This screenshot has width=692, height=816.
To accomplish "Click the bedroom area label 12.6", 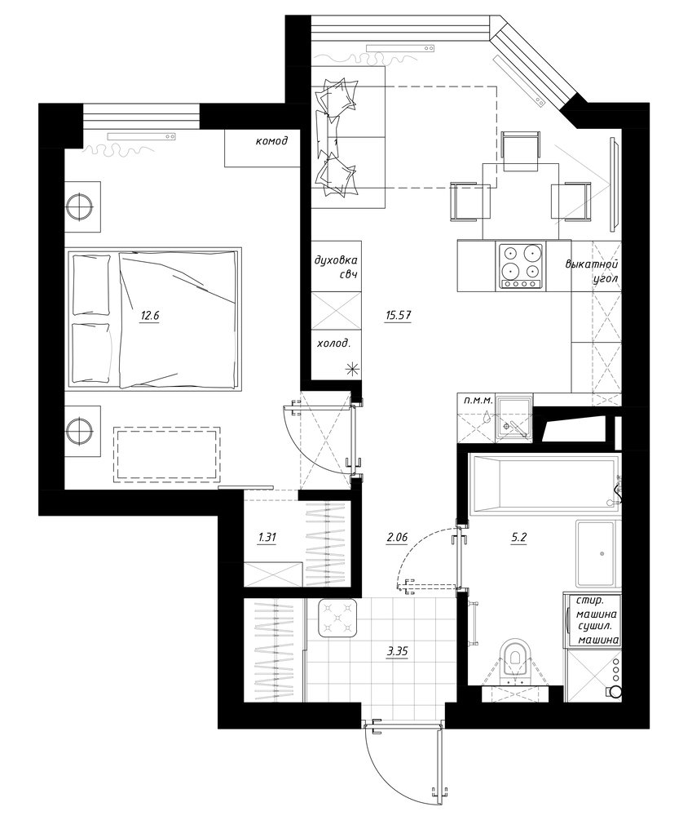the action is pyautogui.click(x=148, y=315).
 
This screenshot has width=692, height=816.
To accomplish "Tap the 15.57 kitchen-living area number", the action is pyautogui.click(x=399, y=315).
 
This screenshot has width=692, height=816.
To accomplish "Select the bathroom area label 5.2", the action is pyautogui.click(x=519, y=538).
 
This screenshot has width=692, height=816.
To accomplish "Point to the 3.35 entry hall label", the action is pyautogui.click(x=396, y=651).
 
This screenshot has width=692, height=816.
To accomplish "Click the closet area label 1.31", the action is pyautogui.click(x=267, y=538).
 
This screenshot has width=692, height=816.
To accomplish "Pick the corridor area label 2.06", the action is pyautogui.click(x=396, y=538).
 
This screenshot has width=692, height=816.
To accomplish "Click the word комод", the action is pyautogui.click(x=271, y=140).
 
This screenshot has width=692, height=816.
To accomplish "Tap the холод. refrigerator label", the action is pyautogui.click(x=333, y=344).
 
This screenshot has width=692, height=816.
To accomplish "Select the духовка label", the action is pyautogui.click(x=336, y=259).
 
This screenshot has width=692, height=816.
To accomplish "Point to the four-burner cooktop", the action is pyautogui.click(x=521, y=267).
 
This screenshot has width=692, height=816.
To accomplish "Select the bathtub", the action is pyautogui.click(x=544, y=486).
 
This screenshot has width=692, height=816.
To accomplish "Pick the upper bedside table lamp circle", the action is pyautogui.click(x=80, y=207).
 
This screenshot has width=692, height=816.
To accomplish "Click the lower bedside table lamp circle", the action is pyautogui.click(x=80, y=430).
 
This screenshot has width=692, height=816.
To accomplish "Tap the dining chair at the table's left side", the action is pyautogui.click(x=470, y=202).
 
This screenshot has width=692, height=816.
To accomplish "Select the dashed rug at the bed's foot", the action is pyautogui.click(x=166, y=455).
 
